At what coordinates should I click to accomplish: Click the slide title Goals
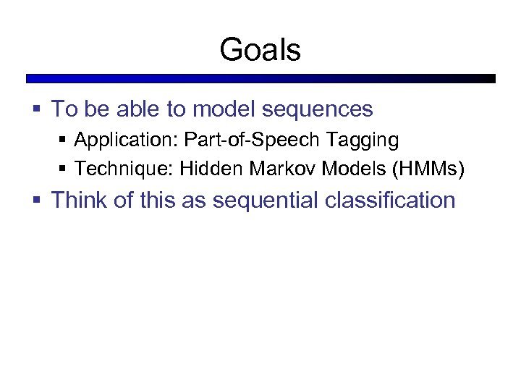pyautogui.click(x=260, y=50)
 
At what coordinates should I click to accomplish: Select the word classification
pyautogui.click(x=390, y=200)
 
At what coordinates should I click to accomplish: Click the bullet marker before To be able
pyautogui.click(x=36, y=110)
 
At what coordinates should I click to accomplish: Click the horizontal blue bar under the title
pyautogui.click(x=260, y=78)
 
